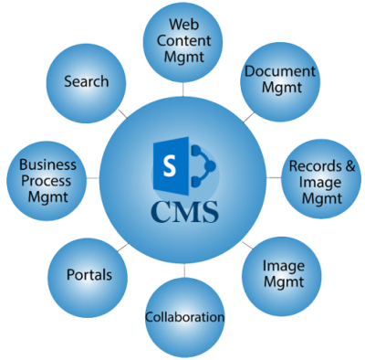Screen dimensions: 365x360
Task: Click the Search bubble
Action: click(87, 82)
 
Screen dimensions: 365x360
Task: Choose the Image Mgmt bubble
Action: click(283, 275)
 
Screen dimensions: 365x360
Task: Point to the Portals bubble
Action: click(89, 275)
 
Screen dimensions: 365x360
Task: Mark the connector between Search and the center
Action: click(123, 115)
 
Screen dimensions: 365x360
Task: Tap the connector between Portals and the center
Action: click(124, 245)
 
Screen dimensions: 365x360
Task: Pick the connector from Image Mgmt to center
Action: click(247, 245)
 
